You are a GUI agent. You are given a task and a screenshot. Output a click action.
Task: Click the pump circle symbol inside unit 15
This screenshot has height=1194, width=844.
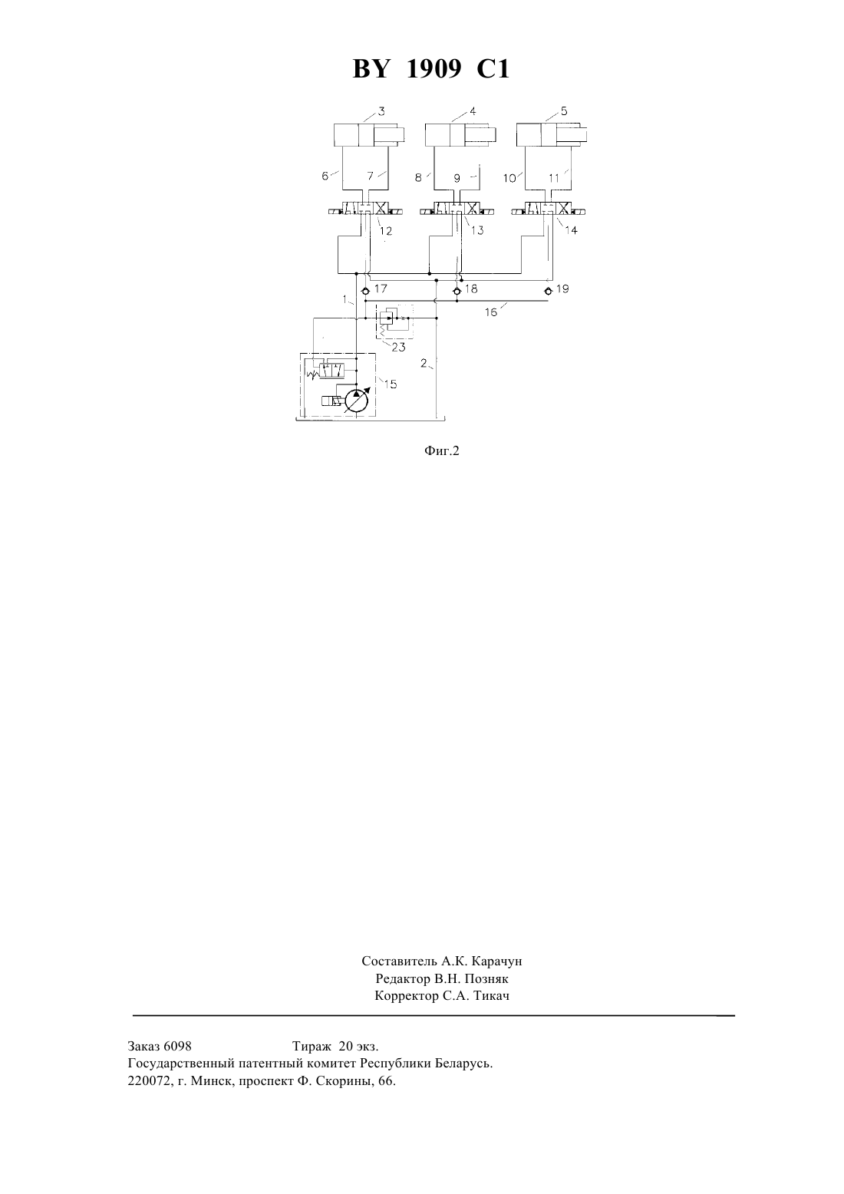click(356, 401)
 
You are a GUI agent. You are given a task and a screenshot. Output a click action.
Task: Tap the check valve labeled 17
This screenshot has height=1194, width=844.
click(365, 291)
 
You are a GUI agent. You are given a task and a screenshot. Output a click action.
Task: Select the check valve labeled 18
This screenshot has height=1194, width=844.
click(457, 291)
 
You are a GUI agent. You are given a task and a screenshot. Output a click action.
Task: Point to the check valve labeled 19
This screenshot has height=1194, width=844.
click(548, 291)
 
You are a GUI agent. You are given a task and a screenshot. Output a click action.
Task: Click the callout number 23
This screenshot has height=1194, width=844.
click(398, 348)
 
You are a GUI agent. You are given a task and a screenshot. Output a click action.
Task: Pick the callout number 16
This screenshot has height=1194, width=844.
click(491, 312)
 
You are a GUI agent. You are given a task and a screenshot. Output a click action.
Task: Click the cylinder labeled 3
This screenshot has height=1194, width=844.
click(369, 134)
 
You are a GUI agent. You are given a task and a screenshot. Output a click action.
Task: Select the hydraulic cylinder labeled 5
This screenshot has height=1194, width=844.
click(552, 134)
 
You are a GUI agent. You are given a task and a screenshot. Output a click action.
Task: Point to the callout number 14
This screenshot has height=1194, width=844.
click(571, 231)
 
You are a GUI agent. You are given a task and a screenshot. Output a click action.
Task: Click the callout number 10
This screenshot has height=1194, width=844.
click(510, 178)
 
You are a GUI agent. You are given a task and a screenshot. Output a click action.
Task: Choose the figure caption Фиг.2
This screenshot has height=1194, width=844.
click(442, 451)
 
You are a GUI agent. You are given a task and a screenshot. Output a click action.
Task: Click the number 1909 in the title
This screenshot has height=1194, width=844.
click(434, 69)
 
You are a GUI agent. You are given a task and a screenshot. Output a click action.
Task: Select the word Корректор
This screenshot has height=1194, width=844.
click(407, 996)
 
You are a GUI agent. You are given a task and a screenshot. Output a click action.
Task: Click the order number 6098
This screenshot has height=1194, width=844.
click(177, 1046)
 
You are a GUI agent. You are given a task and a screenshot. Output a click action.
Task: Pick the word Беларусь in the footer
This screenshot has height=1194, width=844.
click(463, 1064)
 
